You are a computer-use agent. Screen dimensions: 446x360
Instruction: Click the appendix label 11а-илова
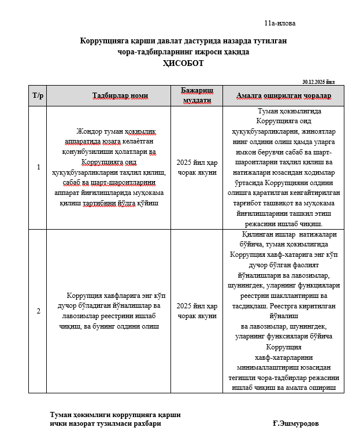[280, 23]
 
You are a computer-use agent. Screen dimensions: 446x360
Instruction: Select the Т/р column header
[38, 95]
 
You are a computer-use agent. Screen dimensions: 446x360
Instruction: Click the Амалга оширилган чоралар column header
[283, 95]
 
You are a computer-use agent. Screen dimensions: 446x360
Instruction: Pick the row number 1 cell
[38, 167]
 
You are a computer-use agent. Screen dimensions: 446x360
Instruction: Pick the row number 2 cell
[38, 311]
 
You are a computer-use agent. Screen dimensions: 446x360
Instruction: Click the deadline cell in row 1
[196, 167]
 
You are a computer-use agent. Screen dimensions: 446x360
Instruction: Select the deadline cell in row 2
[196, 311]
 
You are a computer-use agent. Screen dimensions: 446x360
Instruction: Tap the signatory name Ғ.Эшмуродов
[295, 423]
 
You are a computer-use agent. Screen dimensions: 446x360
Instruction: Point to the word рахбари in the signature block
[146, 423]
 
